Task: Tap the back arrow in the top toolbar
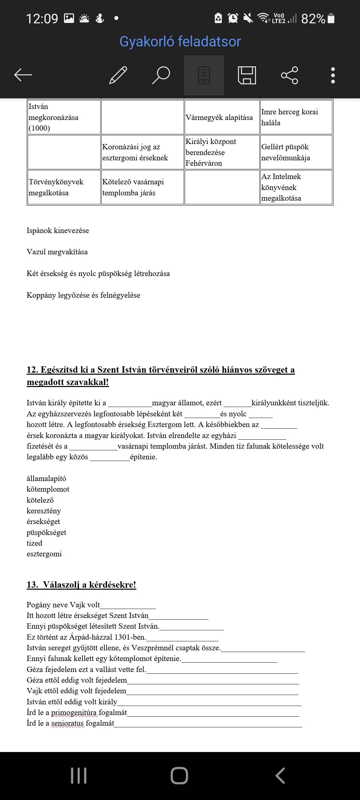(x=23, y=75)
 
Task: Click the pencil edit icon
(x=118, y=75)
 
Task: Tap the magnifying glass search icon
(x=161, y=75)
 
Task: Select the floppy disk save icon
(x=247, y=75)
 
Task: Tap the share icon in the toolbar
(x=289, y=75)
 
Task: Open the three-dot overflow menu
(x=333, y=75)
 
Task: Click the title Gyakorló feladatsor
(x=180, y=42)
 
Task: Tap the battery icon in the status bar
(x=331, y=18)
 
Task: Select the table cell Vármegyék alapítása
(x=219, y=117)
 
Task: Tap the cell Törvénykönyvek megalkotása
(x=56, y=187)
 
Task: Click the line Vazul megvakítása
(x=57, y=252)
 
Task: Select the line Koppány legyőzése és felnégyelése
(x=83, y=295)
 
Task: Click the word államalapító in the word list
(x=46, y=479)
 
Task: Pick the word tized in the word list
(x=34, y=543)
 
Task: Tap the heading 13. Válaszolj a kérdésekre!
(x=81, y=585)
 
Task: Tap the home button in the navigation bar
(x=179, y=776)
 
